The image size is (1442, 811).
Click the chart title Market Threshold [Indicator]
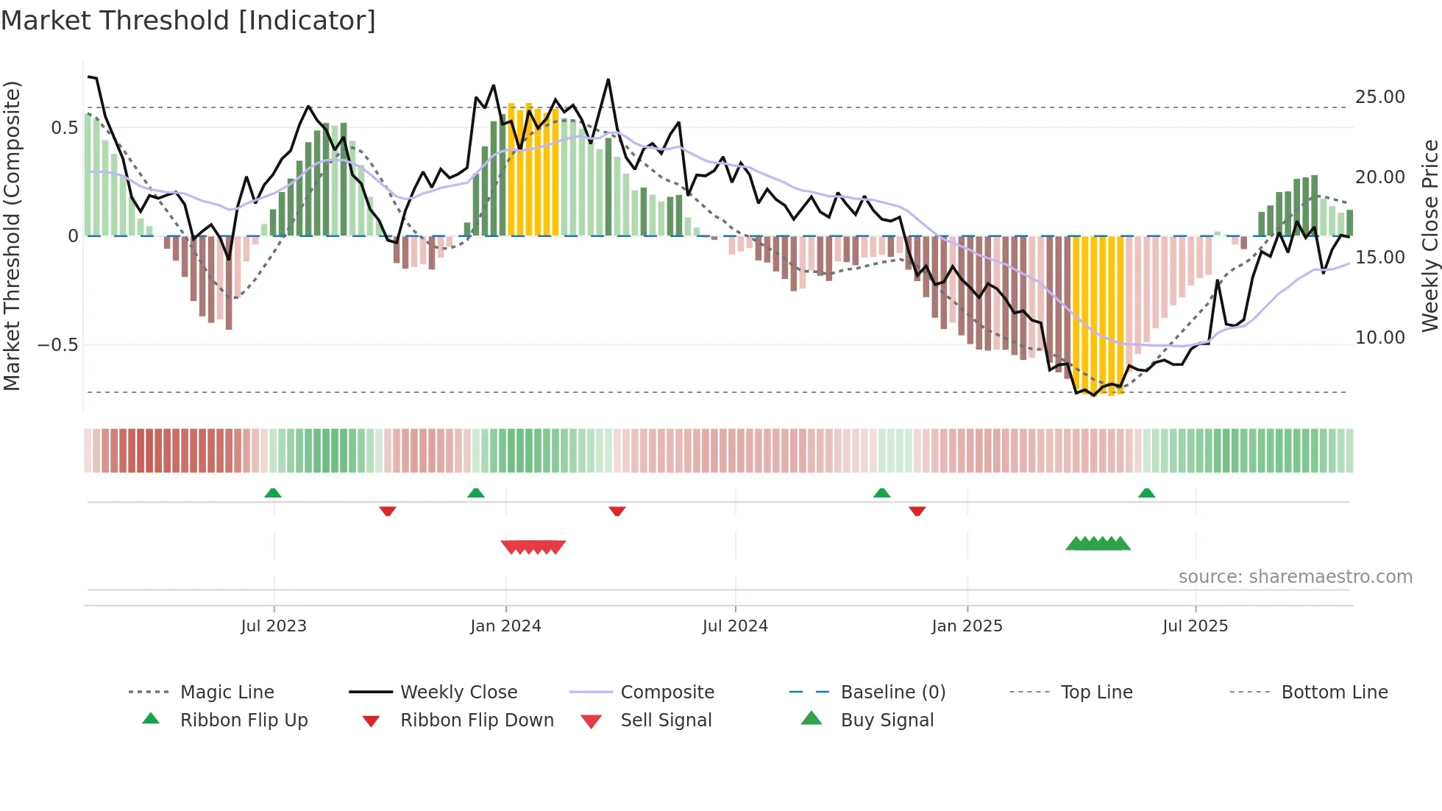click(x=188, y=21)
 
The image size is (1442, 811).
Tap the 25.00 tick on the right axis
click(x=1379, y=97)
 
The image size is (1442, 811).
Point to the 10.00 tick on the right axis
click(x=1379, y=338)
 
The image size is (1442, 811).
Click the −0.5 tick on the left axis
click(x=58, y=345)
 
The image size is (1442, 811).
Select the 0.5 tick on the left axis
click(x=64, y=128)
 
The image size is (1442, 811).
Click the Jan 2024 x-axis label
click(x=505, y=626)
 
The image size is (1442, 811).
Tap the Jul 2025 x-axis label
click(x=1195, y=626)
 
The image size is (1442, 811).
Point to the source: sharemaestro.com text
click(x=1295, y=577)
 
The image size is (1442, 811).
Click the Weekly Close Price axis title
click(x=1429, y=235)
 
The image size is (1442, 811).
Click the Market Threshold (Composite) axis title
click(x=12, y=235)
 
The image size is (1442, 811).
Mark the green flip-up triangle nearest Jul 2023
click(x=273, y=493)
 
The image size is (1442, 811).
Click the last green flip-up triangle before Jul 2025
click(x=1146, y=493)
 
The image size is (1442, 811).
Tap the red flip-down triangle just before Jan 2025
click(x=917, y=511)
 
